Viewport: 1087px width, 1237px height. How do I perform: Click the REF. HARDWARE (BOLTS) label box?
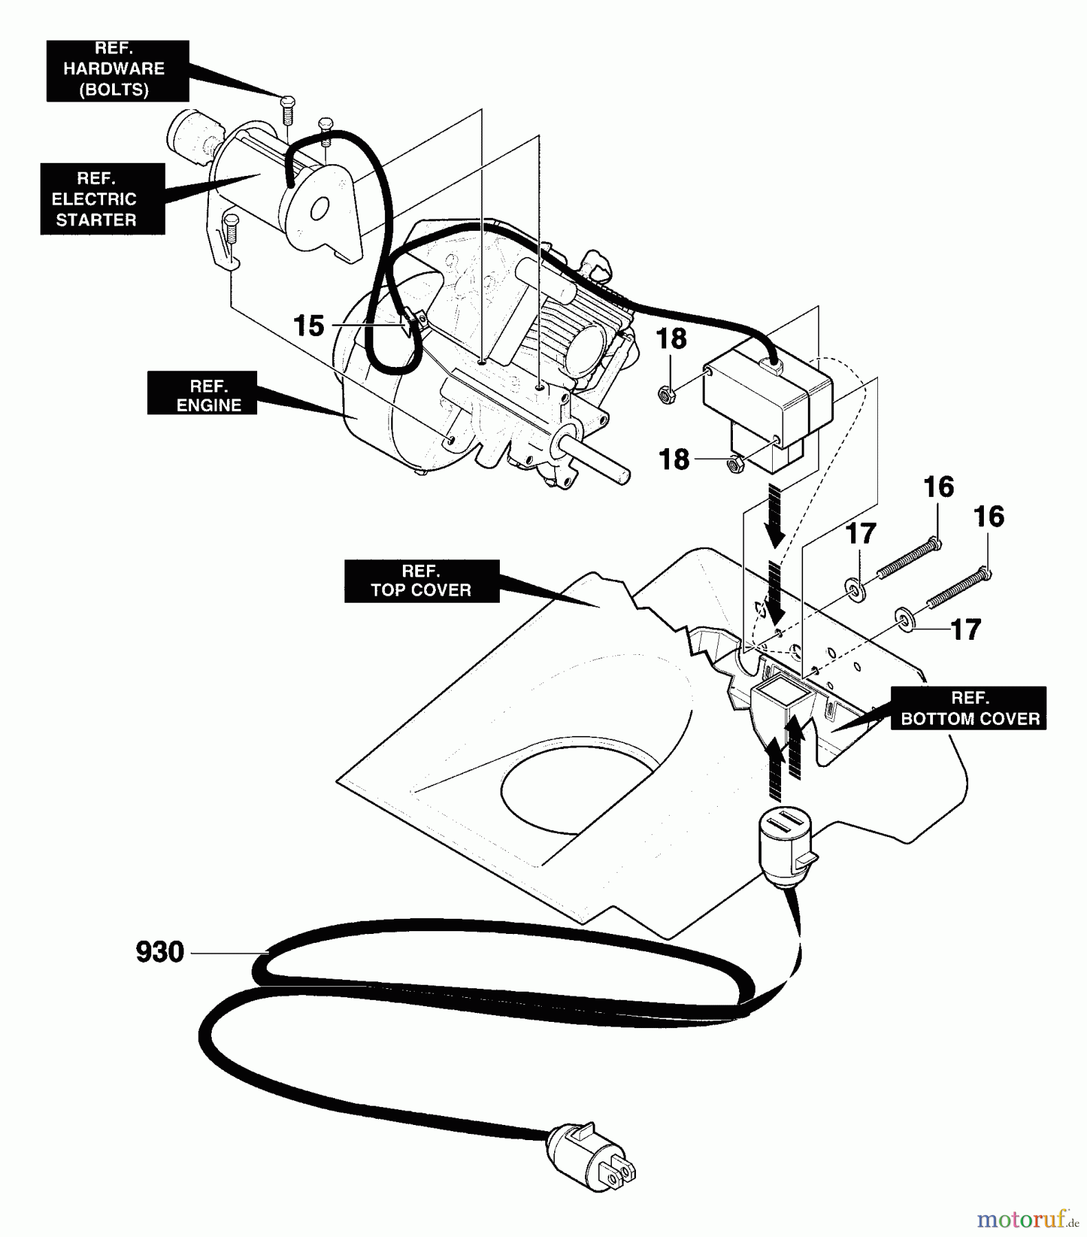[118, 71]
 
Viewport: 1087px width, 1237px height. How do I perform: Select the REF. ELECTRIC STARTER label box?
[102, 199]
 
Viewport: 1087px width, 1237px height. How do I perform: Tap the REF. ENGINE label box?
[202, 393]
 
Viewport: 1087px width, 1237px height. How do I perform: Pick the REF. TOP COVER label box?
[421, 581]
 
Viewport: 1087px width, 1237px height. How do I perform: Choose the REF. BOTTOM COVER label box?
[969, 708]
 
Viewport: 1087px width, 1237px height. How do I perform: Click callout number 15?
[309, 326]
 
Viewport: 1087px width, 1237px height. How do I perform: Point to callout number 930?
[160, 952]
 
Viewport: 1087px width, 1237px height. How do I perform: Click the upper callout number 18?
[671, 339]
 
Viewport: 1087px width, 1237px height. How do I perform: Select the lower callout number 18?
[674, 459]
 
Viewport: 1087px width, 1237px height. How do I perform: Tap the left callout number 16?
[938, 487]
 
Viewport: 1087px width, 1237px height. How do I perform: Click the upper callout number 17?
[861, 533]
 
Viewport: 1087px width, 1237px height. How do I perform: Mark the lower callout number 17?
[965, 629]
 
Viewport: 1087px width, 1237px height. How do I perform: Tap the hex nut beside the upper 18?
[666, 394]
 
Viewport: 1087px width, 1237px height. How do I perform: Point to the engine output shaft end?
[623, 476]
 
